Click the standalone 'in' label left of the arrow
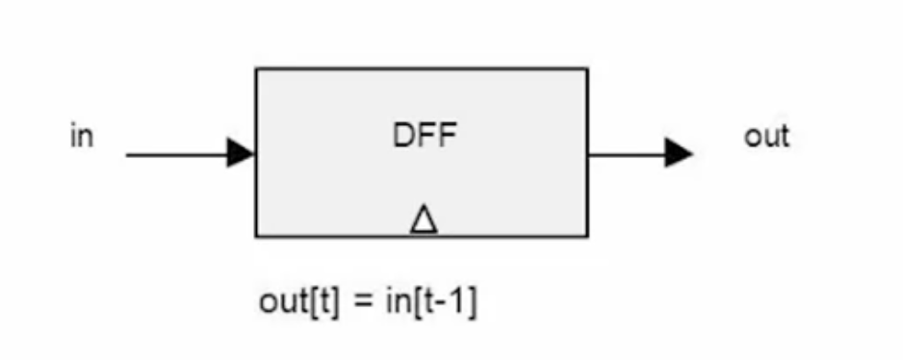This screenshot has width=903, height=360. [82, 137]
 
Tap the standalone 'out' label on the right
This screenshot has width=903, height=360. [766, 137]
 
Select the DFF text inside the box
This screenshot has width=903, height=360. [425, 137]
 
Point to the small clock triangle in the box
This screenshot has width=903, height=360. [424, 219]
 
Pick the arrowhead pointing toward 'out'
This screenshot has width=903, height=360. [679, 153]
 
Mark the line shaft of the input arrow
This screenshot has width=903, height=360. [177, 154]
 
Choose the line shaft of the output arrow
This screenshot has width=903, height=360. [627, 154]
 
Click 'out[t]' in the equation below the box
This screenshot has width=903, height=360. [299, 302]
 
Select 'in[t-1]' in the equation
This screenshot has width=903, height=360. [431, 302]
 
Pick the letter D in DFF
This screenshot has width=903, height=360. [403, 137]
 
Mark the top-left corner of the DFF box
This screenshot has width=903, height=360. [256, 68]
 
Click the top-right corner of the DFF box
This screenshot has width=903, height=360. [587, 68]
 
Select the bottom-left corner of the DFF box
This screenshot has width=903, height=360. [256, 236]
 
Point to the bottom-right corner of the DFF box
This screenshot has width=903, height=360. [587, 236]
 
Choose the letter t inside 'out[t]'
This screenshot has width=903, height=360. [324, 301]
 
